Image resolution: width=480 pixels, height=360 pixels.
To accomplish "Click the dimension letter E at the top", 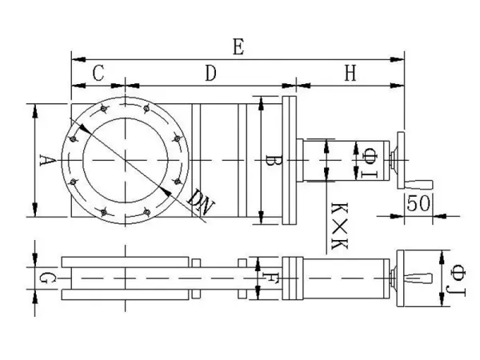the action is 238,47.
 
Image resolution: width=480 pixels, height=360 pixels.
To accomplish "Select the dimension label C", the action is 98,73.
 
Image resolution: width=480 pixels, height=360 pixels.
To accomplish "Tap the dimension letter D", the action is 210,73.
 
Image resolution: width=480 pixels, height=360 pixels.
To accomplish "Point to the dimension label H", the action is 350,73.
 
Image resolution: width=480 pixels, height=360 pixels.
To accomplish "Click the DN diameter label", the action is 201,202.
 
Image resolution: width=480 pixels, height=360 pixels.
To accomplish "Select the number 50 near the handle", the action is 418,203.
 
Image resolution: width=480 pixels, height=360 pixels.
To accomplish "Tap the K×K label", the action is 340,226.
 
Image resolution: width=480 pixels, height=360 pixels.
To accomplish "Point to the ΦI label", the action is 370,163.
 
